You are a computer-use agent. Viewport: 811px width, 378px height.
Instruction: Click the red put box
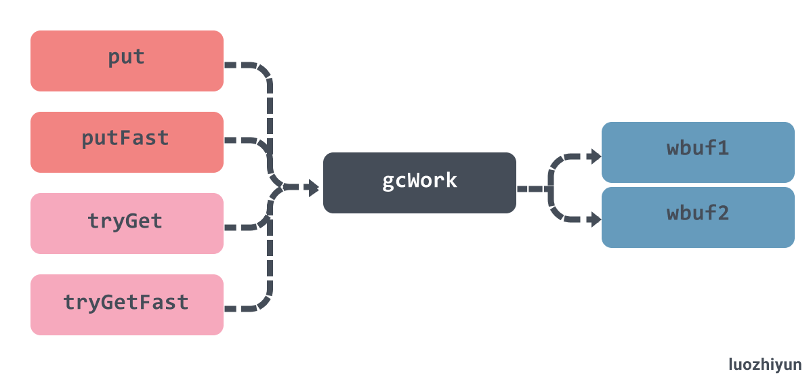[x=127, y=61]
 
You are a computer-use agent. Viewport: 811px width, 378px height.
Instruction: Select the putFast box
[x=127, y=142]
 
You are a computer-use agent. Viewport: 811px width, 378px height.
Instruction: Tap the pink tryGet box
[x=127, y=224]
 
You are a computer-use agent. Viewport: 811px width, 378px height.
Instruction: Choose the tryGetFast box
[x=127, y=305]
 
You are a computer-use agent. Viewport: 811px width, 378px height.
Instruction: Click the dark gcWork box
[x=419, y=182]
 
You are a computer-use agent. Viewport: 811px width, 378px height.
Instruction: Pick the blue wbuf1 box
[x=698, y=152]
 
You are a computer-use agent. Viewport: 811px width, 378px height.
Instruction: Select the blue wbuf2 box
[x=698, y=217]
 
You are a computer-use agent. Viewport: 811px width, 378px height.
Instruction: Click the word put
[x=126, y=58]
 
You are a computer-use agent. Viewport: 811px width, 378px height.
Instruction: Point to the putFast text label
[x=126, y=138]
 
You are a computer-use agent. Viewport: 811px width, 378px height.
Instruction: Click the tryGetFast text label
[x=126, y=302]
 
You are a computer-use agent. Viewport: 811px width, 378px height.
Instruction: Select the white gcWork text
[x=420, y=180]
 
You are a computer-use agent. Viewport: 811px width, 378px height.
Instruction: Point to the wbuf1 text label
[x=698, y=149]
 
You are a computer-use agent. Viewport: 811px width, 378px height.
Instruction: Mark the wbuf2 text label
[x=698, y=213]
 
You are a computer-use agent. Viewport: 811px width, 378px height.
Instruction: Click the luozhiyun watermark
[x=765, y=364]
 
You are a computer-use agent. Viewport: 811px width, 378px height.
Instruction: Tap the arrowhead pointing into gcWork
[x=314, y=187]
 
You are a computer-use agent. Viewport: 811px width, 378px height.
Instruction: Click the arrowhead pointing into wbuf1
[x=596, y=155]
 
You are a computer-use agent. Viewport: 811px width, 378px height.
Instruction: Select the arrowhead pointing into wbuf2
[x=596, y=219]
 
